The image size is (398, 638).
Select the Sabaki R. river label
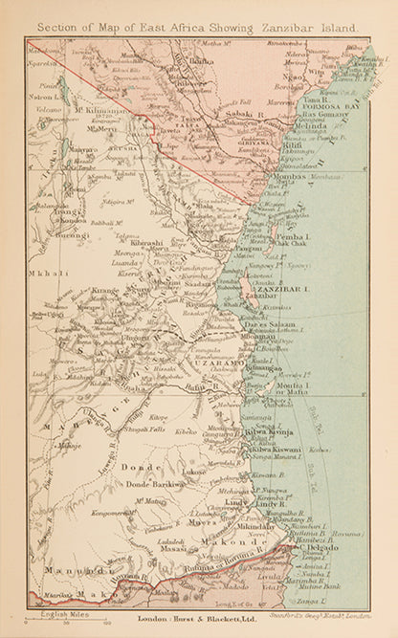[x=244, y=112]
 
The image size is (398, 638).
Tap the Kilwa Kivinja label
[x=273, y=432]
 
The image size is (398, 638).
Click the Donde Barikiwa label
[x=155, y=484]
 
